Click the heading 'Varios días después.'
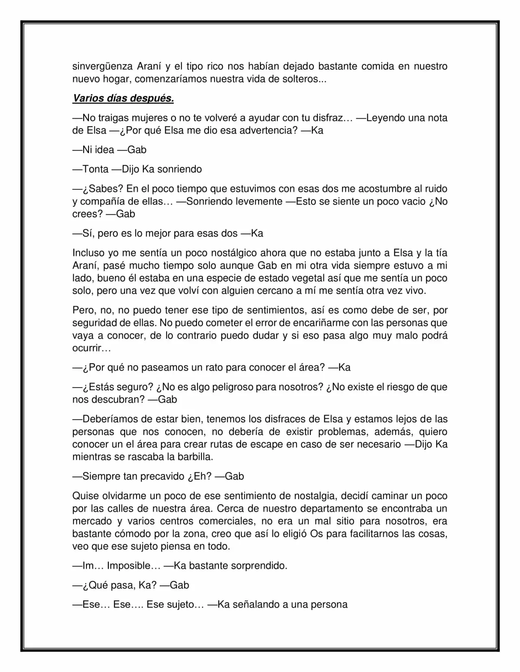[x=123, y=98]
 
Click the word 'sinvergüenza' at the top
[x=102, y=66]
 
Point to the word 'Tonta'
[x=95, y=169]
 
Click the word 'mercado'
[x=92, y=521]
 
